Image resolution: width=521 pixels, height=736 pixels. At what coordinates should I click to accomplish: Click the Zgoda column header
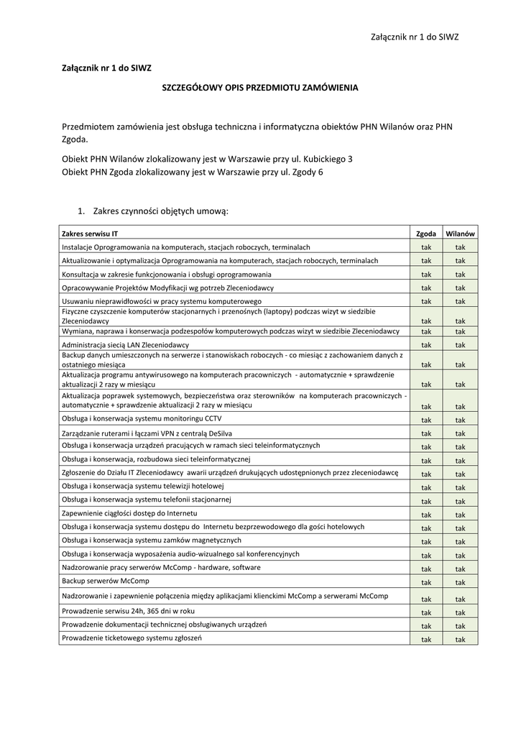(x=426, y=234)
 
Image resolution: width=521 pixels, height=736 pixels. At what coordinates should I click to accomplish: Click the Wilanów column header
(x=460, y=234)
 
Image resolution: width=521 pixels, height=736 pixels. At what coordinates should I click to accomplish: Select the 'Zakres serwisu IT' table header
(x=90, y=234)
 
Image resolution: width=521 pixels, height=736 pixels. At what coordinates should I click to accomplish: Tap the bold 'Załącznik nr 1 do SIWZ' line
(x=106, y=68)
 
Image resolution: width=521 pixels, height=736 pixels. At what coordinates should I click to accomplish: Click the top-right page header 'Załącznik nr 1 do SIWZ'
(x=415, y=37)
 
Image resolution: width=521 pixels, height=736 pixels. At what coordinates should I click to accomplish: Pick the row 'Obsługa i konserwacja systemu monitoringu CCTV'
(x=142, y=418)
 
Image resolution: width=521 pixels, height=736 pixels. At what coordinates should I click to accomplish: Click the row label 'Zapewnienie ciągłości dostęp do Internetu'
(x=129, y=513)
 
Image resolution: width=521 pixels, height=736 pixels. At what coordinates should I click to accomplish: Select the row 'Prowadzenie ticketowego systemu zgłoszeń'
(x=132, y=638)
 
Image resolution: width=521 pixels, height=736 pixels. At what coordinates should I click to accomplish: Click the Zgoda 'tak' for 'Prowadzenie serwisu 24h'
(x=426, y=612)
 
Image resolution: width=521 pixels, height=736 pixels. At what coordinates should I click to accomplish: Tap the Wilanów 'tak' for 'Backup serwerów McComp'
(x=460, y=582)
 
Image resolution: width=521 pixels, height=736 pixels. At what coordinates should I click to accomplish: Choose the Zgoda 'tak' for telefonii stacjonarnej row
(x=426, y=501)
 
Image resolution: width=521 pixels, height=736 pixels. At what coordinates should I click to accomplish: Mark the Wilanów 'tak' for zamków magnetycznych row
(x=460, y=542)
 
